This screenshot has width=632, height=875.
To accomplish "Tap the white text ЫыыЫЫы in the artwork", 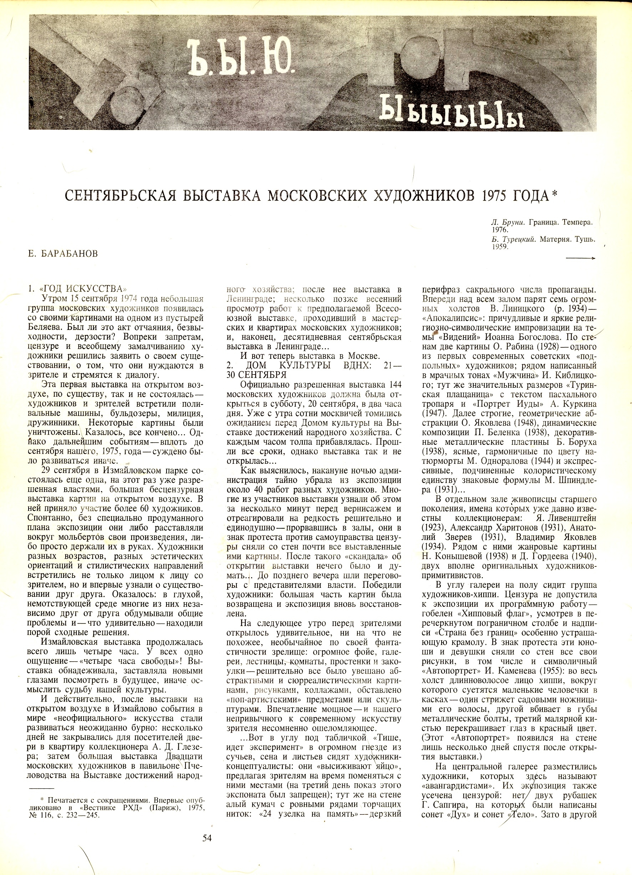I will (x=452, y=113).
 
